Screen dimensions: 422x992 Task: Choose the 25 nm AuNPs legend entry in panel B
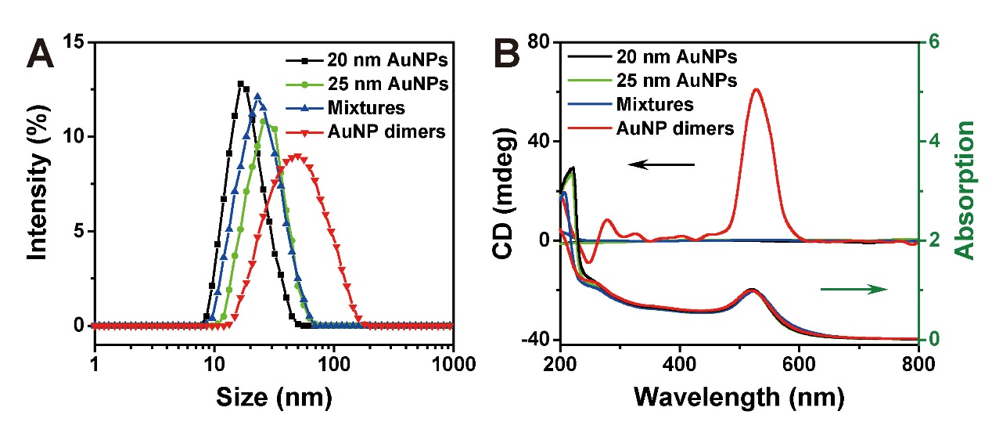tap(676, 80)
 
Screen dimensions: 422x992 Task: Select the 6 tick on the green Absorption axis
tap(933, 42)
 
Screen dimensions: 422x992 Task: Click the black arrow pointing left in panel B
tap(661, 164)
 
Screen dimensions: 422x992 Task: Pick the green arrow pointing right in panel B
tap(854, 290)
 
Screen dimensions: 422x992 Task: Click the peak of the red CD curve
tap(756, 89)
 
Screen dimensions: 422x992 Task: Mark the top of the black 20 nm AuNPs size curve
tap(241, 83)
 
